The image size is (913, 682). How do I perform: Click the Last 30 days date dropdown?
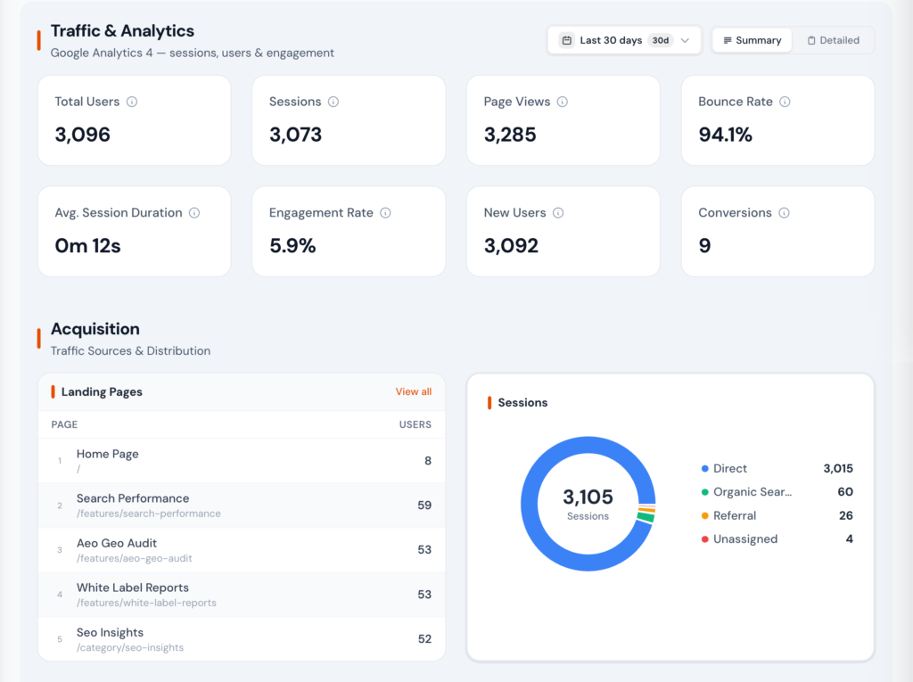tap(624, 40)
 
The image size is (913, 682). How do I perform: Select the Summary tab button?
tap(752, 40)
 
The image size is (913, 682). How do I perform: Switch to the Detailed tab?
tap(833, 40)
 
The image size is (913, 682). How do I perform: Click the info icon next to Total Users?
tap(132, 102)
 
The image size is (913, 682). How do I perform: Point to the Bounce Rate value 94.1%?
tap(725, 135)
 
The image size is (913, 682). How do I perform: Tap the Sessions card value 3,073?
tap(295, 135)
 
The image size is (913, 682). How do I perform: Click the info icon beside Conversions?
tap(784, 213)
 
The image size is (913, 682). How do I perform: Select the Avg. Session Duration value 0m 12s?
tap(87, 246)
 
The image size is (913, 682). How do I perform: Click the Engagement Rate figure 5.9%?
tap(292, 246)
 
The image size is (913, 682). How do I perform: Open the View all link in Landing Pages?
tap(413, 391)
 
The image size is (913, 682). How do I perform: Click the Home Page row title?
tap(107, 454)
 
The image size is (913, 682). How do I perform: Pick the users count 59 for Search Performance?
tap(424, 505)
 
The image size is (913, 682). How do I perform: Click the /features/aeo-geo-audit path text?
tap(134, 558)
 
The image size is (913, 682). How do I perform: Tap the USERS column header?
tap(415, 424)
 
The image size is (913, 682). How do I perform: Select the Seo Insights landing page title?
tap(110, 632)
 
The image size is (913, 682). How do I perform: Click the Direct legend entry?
tap(729, 468)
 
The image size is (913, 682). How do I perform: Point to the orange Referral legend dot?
tap(704, 515)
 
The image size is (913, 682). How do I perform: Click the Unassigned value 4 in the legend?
tap(849, 538)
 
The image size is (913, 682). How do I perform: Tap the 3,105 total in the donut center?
tap(588, 497)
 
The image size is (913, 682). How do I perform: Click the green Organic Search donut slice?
tap(646, 517)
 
